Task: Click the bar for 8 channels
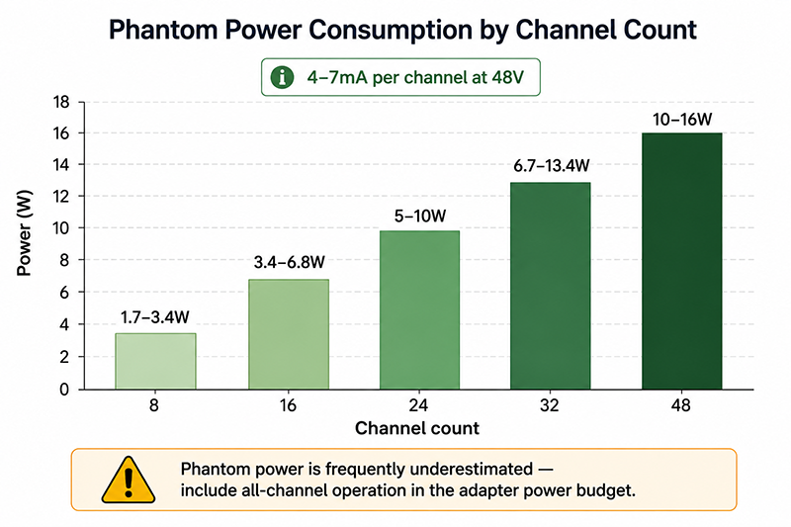pyautogui.click(x=155, y=361)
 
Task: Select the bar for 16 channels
pyautogui.click(x=289, y=334)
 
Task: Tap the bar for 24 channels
pyautogui.click(x=419, y=310)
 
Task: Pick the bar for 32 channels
pyautogui.click(x=551, y=286)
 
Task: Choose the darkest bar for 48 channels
pyautogui.click(x=682, y=261)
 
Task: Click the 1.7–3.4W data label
pyautogui.click(x=155, y=317)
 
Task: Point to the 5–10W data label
pyautogui.click(x=420, y=217)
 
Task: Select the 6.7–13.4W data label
pyautogui.click(x=552, y=165)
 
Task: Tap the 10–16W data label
pyautogui.click(x=682, y=120)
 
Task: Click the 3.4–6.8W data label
pyautogui.click(x=289, y=262)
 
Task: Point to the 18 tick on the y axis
pyautogui.click(x=61, y=103)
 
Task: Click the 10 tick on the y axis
pyautogui.click(x=61, y=228)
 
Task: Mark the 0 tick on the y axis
pyautogui.click(x=64, y=390)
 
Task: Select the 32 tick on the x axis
pyautogui.click(x=550, y=405)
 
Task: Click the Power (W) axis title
pyautogui.click(x=24, y=233)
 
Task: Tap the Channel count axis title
pyautogui.click(x=417, y=428)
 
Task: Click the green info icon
pyautogui.click(x=282, y=78)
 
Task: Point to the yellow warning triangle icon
pyautogui.click(x=129, y=481)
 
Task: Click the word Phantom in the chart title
pyautogui.click(x=163, y=30)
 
